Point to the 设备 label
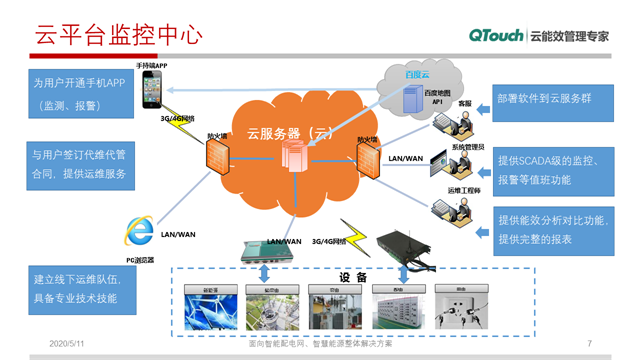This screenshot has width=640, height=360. point(353,277)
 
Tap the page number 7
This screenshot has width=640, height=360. point(590,343)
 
